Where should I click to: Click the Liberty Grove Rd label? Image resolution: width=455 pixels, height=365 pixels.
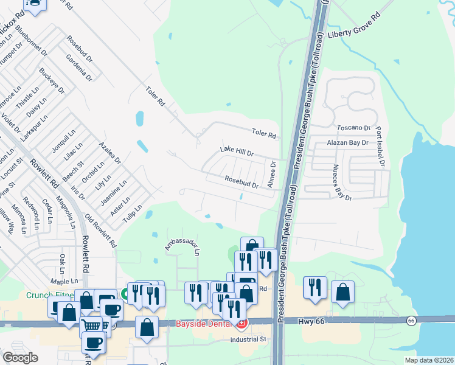point(353,30)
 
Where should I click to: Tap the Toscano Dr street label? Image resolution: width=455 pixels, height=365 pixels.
point(353,128)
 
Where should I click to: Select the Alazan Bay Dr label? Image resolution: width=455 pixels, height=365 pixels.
point(348,143)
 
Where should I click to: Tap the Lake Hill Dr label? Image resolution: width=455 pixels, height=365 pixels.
point(236,150)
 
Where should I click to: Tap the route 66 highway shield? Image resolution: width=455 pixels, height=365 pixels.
point(412,320)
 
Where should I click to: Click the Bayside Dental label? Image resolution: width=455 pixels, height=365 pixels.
point(205,323)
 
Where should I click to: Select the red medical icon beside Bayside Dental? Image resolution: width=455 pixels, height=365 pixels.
point(242,323)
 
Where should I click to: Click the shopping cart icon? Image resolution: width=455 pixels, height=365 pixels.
point(91,325)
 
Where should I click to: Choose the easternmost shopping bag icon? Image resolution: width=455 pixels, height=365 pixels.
point(343,291)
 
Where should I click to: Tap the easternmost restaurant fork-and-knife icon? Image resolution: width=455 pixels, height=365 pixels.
point(314,288)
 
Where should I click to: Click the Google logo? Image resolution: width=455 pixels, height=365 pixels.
point(20,357)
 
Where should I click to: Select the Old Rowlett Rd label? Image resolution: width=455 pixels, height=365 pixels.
point(100,230)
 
